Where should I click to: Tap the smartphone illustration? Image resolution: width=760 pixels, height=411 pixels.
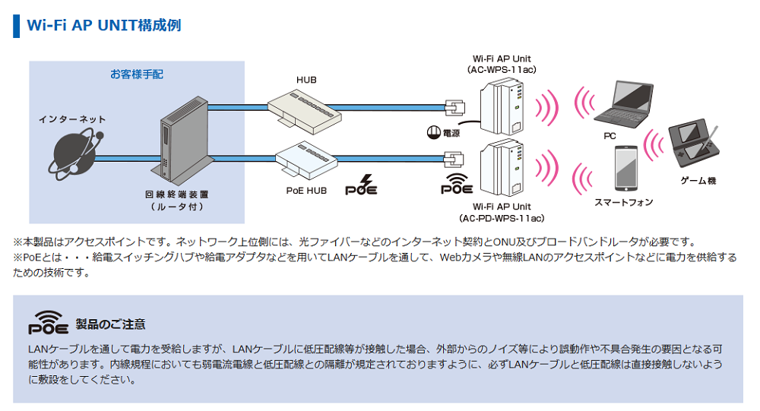(625, 169)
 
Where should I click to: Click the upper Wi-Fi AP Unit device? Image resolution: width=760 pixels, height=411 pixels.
(502, 106)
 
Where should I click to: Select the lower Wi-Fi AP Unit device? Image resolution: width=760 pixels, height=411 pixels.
(502, 167)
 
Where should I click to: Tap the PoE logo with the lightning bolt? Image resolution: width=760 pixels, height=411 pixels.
(361, 186)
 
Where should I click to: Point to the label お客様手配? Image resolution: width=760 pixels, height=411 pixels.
(136, 74)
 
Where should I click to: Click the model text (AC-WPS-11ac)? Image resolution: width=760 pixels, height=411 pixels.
(502, 70)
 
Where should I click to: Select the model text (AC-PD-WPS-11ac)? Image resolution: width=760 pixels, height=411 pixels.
(502, 219)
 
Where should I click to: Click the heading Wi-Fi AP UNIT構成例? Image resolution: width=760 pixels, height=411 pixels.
(104, 24)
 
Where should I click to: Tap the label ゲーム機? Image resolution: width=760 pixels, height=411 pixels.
(698, 181)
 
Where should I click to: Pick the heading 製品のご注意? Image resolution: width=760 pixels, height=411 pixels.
(110, 325)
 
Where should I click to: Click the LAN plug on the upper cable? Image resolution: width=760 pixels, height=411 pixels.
(454, 106)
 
